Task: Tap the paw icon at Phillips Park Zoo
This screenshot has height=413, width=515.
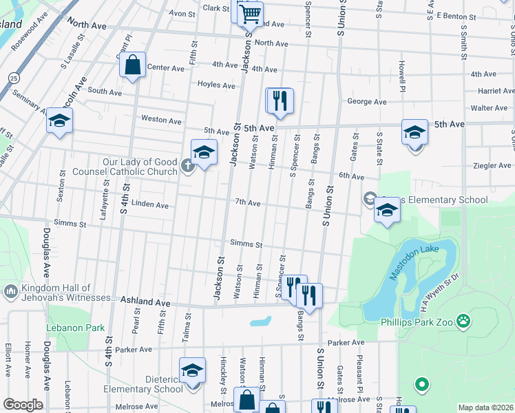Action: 465,320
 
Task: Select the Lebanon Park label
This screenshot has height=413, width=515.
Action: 76,328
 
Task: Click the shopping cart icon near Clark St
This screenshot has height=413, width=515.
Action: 250,13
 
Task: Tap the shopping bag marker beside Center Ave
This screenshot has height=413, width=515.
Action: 132,65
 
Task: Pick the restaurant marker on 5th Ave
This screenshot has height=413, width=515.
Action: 280,101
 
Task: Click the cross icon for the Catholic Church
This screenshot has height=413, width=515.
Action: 187,165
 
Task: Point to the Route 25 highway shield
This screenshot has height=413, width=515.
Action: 14,78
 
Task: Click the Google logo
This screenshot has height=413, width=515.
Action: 22,405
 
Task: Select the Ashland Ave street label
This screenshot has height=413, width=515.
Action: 145,301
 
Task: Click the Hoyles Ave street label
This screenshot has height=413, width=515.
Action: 216,85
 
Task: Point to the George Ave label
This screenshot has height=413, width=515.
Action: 366,101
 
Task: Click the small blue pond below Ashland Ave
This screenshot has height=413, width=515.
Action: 260,321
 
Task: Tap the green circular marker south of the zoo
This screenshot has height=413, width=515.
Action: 422,383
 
